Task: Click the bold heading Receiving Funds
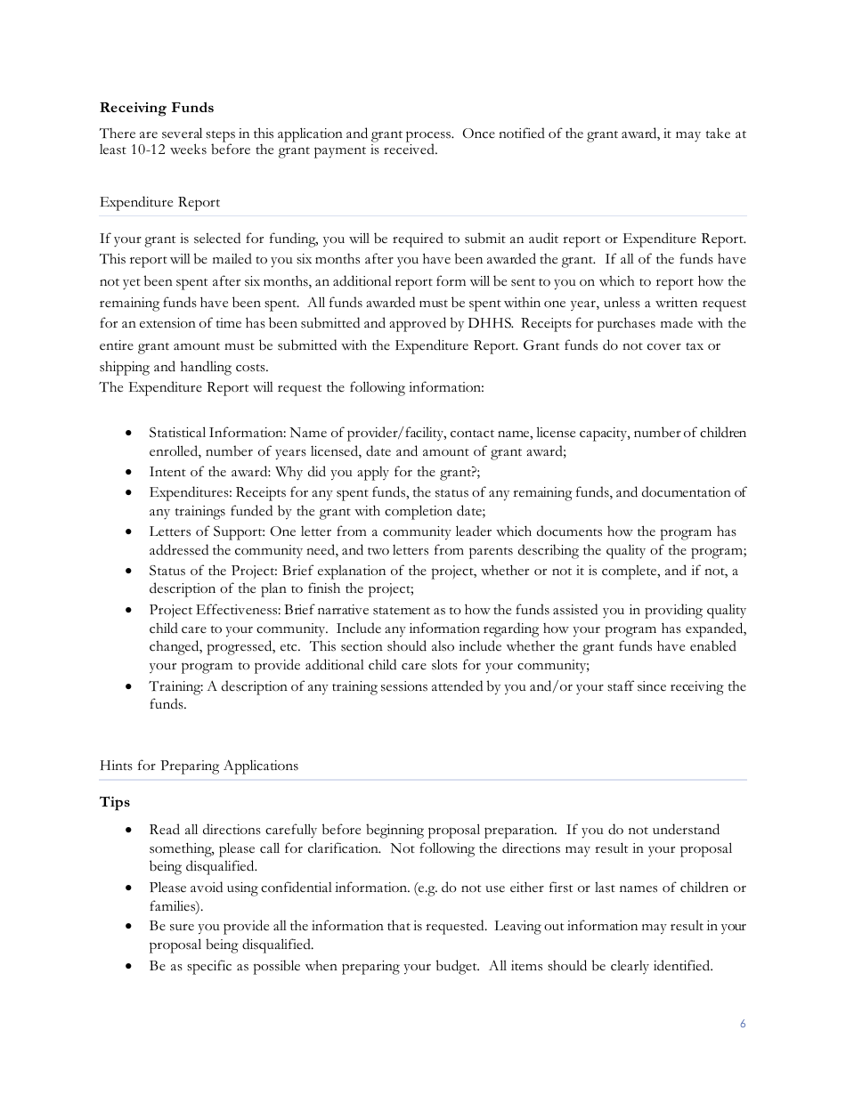click(x=157, y=108)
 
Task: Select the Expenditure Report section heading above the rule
click(x=159, y=202)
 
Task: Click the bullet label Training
click(x=174, y=686)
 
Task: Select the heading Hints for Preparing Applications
click(x=199, y=766)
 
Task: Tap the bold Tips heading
click(x=115, y=802)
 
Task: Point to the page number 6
click(x=743, y=1024)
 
